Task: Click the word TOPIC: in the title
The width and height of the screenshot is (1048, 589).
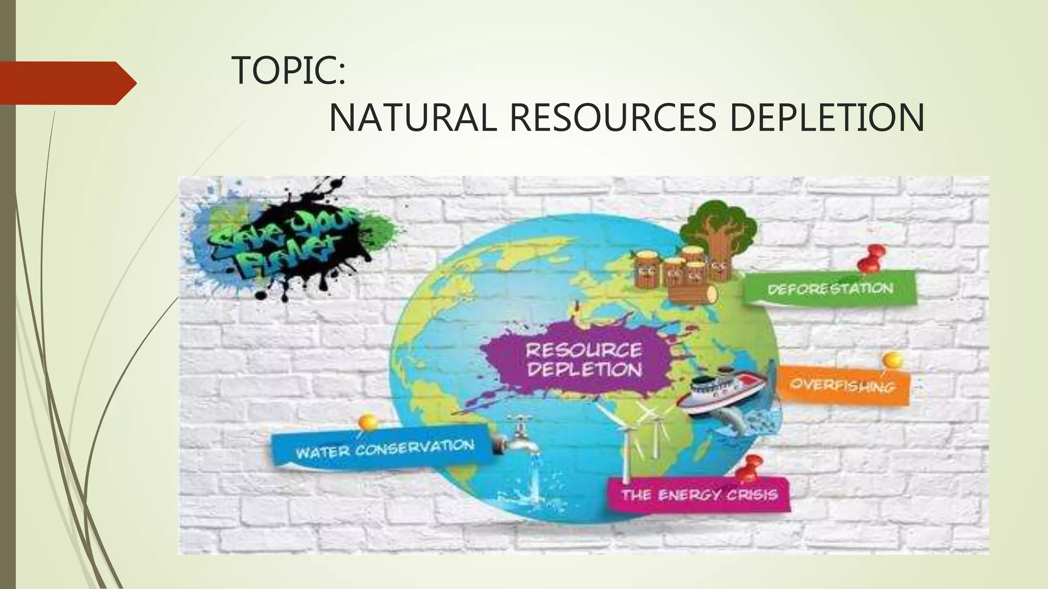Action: (x=289, y=71)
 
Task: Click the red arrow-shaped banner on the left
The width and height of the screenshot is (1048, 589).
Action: (x=67, y=83)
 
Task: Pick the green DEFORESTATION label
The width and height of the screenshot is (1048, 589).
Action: (x=829, y=289)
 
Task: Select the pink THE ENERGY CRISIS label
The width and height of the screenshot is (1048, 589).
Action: (x=699, y=494)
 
